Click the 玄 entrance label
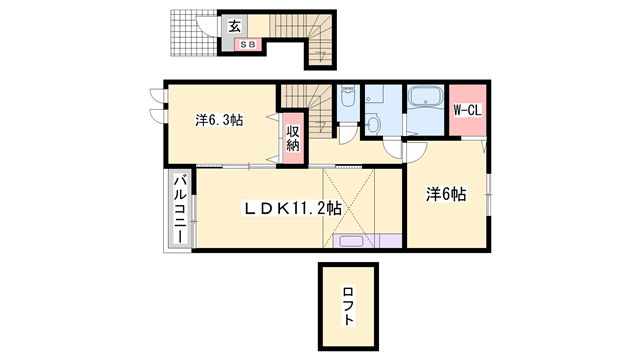(234, 26)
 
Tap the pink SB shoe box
(248, 44)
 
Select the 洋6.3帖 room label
(219, 120)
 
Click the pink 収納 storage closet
(293, 138)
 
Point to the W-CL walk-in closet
(467, 110)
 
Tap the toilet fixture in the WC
(348, 97)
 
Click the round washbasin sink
(373, 124)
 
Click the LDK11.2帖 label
(293, 209)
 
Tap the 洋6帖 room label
(446, 194)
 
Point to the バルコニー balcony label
(181, 209)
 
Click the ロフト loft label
(348, 307)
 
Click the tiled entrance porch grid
(193, 33)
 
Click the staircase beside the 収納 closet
(307, 111)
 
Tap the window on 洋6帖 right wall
(489, 195)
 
